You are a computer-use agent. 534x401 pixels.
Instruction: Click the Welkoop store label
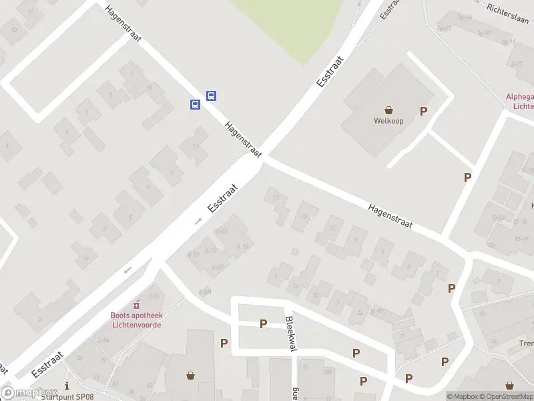point(388,121)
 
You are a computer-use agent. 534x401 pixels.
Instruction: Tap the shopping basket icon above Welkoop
point(388,110)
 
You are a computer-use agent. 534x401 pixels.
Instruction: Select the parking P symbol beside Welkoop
point(423,112)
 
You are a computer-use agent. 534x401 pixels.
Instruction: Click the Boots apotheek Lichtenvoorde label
point(136,320)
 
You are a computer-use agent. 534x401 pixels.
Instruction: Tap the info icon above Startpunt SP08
point(67,385)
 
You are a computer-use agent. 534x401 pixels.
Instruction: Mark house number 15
point(305,216)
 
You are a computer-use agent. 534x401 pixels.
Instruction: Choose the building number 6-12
point(210,251)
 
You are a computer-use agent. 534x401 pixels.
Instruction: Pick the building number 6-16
point(242,246)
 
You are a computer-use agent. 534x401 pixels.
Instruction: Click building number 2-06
point(103,340)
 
